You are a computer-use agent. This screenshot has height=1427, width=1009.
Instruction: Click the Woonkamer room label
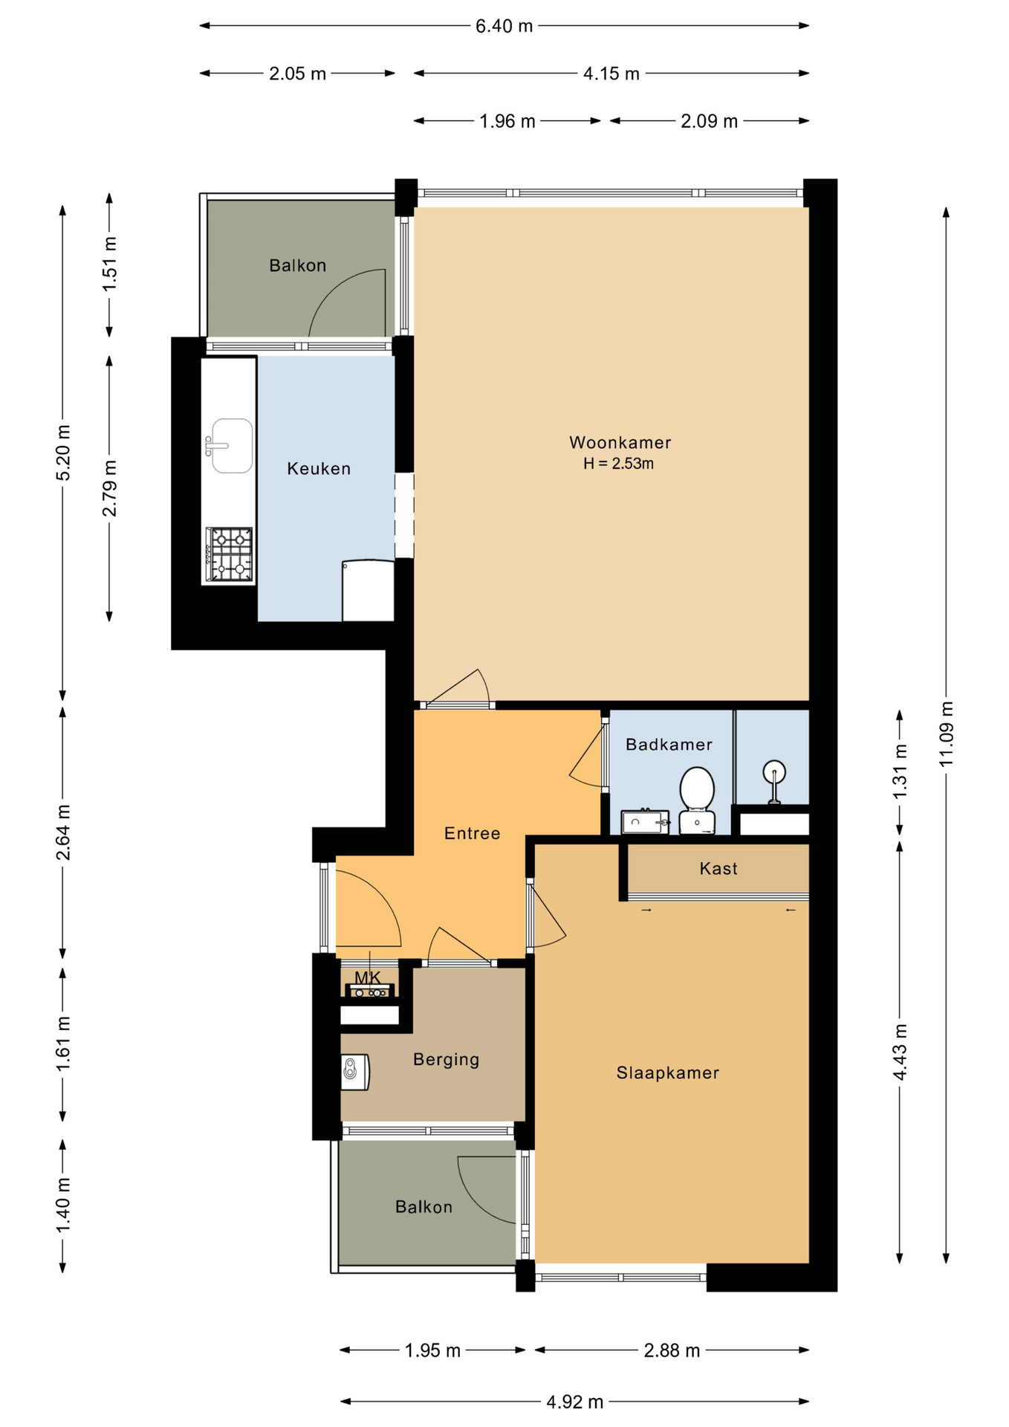(620, 443)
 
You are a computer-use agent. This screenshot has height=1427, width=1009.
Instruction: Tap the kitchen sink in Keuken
(230, 446)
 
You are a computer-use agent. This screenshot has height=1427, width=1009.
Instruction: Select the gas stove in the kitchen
(230, 554)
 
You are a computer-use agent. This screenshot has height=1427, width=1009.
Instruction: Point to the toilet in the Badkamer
(697, 800)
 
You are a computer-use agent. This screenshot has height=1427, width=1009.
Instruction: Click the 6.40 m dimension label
(504, 26)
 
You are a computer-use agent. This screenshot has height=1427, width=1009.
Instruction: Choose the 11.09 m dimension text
(946, 734)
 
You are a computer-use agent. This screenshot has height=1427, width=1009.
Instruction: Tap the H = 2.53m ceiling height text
(618, 464)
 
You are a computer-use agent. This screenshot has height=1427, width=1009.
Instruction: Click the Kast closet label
(718, 869)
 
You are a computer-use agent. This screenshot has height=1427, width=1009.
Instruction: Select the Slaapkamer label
(668, 1072)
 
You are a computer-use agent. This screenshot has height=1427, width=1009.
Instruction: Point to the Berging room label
(446, 1060)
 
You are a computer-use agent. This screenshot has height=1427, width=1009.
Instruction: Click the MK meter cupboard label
(367, 978)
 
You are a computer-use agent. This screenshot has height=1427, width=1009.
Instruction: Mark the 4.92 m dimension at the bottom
(575, 1402)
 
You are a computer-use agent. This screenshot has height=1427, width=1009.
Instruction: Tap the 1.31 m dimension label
(900, 771)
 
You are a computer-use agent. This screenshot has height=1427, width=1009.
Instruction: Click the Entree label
(472, 834)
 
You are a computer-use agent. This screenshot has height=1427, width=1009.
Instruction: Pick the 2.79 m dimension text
(109, 488)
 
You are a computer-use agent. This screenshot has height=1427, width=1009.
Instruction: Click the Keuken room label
(319, 469)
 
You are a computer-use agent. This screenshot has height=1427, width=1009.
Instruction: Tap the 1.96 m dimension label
(507, 121)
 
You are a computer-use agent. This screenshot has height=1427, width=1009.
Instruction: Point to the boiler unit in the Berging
(354, 1072)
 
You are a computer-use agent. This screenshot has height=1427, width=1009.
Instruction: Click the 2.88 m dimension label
(672, 1350)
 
